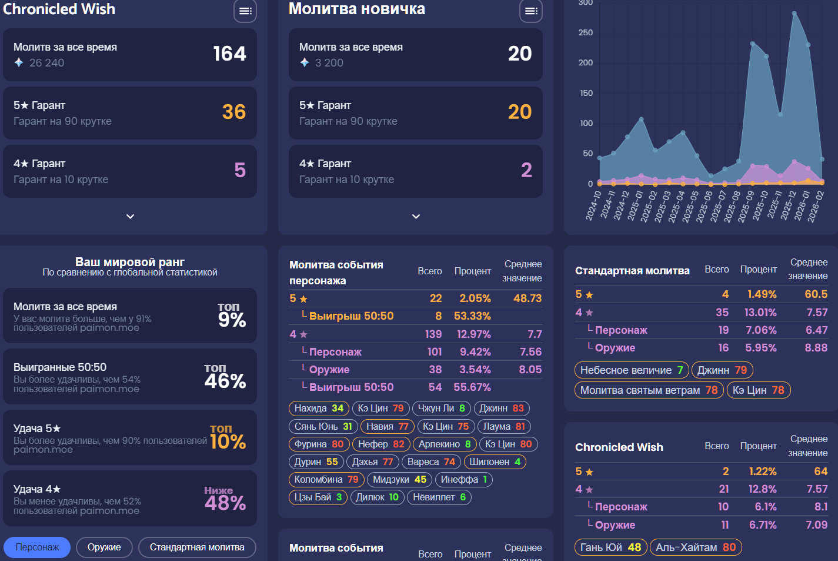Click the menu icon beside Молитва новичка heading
pos(530,11)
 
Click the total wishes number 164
pos(229,54)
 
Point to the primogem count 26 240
pos(46,62)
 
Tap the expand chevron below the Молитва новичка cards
pos(416,217)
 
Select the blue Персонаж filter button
pos(37,547)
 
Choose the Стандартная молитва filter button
pos(197,547)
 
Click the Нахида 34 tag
pos(319,408)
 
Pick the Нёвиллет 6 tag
pos(439,497)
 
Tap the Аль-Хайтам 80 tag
pos(696,547)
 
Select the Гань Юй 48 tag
pos(610,547)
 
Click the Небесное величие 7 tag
pos(631,370)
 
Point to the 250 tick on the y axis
pos(585,32)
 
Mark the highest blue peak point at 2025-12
pos(794,13)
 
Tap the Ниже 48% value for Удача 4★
pos(225,499)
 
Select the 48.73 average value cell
pos(527,298)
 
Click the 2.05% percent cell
pos(475,298)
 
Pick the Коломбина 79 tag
pos(326,479)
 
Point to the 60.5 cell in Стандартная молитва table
pos(816,294)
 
